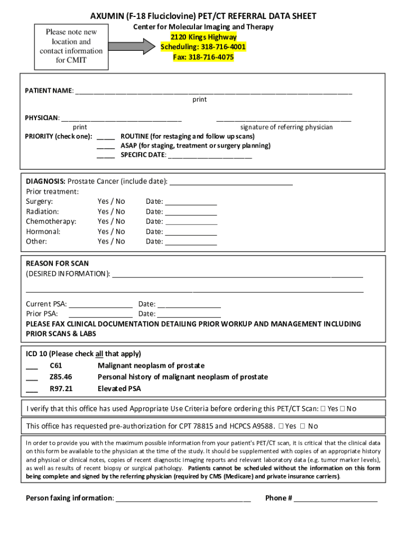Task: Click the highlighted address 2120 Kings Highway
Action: [x=203, y=37]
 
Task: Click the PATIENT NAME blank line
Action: [x=214, y=92]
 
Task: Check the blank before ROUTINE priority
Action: [x=106, y=137]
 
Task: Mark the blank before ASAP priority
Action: [x=106, y=146]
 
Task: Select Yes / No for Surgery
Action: [x=111, y=202]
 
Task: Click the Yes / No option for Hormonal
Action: [x=111, y=232]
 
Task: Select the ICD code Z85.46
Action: [x=61, y=377]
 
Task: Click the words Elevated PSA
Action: [x=119, y=389]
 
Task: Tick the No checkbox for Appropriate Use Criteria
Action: [x=343, y=409]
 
